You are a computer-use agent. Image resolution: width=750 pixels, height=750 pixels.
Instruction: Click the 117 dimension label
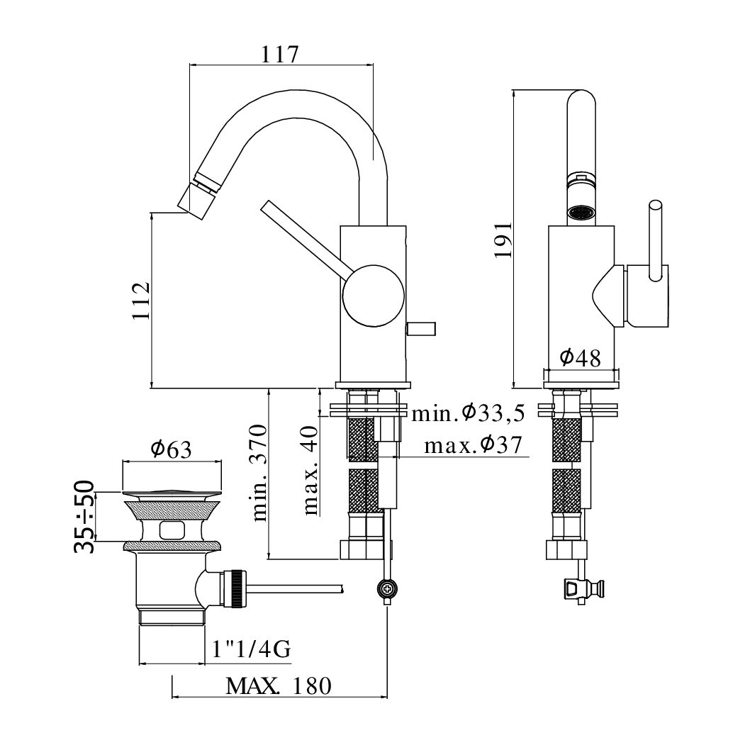[x=280, y=54]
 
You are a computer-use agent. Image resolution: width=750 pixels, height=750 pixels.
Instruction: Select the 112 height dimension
[x=142, y=301]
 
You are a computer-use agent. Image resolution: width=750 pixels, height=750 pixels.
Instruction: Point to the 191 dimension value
[x=503, y=240]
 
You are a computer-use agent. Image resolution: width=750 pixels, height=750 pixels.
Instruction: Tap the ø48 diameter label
[x=580, y=357]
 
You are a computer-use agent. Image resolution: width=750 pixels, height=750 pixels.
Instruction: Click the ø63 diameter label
[x=172, y=449]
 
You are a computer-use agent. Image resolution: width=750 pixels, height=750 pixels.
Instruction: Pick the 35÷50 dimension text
[x=84, y=517]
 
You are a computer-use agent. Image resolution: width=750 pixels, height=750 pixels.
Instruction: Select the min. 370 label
[x=259, y=473]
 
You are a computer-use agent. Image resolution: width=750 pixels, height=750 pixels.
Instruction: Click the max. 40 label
[x=311, y=470]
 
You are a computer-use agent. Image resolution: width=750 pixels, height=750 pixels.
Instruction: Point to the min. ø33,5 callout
[x=469, y=413]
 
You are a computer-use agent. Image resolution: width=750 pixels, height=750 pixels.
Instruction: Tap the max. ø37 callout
[x=473, y=445]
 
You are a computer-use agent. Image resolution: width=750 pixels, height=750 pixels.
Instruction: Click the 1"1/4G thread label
[x=251, y=649]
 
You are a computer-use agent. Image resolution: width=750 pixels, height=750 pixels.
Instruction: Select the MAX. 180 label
[x=278, y=686]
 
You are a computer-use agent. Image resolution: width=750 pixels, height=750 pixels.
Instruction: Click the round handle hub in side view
[x=373, y=296]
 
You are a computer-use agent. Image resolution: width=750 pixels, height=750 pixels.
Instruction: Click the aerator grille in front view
[x=581, y=213]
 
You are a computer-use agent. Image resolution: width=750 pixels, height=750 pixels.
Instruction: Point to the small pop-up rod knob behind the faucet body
[x=421, y=329]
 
